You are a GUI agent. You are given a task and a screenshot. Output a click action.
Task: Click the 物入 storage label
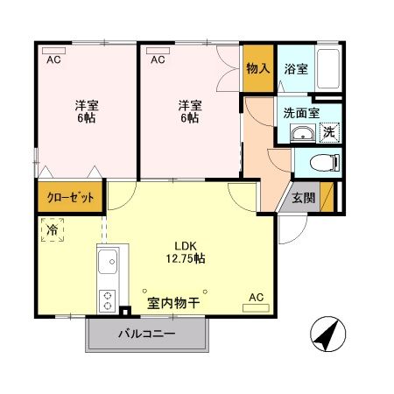coord(257,68)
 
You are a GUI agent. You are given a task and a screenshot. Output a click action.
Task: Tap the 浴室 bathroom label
coord(295,68)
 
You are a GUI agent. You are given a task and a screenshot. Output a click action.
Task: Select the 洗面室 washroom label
coord(300,113)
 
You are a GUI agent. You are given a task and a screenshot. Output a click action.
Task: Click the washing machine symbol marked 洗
coord(329,132)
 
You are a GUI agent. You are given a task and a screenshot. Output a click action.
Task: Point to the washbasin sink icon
coord(303,134)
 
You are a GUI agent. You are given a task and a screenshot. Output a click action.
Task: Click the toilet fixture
coord(325,163)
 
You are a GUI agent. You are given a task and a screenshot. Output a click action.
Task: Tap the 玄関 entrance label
coord(303,197)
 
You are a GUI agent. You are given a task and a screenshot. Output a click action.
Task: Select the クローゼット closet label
coord(71,197)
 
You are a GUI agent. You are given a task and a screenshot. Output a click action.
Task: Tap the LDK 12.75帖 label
coord(188,251)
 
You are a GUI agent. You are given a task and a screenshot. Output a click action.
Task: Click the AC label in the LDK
coord(256,297)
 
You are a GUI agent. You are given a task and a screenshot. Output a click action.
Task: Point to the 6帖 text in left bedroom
coord(85,118)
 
